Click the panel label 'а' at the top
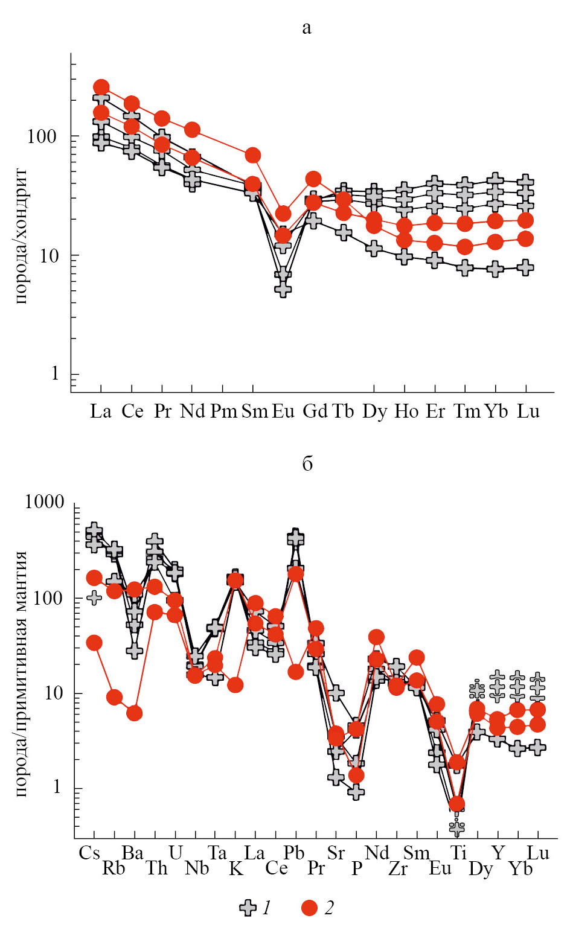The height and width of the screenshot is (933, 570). [x=307, y=28]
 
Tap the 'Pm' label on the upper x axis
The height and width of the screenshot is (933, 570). [x=223, y=412]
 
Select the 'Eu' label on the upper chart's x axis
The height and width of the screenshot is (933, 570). [x=283, y=412]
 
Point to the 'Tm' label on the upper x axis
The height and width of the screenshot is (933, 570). [x=466, y=412]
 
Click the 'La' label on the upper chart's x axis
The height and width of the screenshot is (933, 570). [x=101, y=412]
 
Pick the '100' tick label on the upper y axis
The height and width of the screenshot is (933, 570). [x=42, y=136]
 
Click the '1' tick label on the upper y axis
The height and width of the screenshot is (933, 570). [x=55, y=374]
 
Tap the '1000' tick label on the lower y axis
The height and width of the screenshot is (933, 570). [x=44, y=502]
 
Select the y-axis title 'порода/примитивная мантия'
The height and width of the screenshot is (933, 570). [x=21, y=673]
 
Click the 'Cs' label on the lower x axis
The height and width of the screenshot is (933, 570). [x=89, y=853]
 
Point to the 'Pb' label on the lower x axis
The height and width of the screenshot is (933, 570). [x=294, y=853]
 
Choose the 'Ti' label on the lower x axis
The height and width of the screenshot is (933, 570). [x=458, y=853]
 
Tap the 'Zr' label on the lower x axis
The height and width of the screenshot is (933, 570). [x=398, y=869]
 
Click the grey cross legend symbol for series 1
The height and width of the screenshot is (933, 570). [x=248, y=908]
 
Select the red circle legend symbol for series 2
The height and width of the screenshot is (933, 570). [x=310, y=908]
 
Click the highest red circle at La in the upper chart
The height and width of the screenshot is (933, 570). [x=101, y=88]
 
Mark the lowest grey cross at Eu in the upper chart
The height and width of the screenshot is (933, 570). [x=283, y=288]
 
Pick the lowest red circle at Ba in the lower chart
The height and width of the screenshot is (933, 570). [x=134, y=713]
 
